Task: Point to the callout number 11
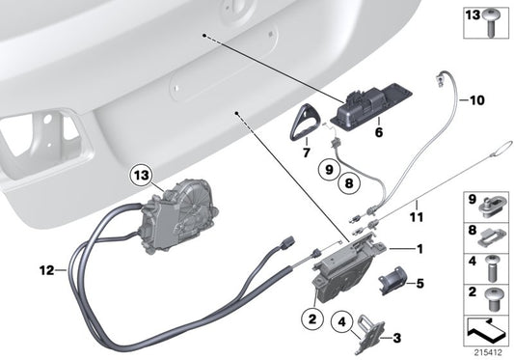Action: (x=416, y=205)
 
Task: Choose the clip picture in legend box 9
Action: (x=492, y=205)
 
